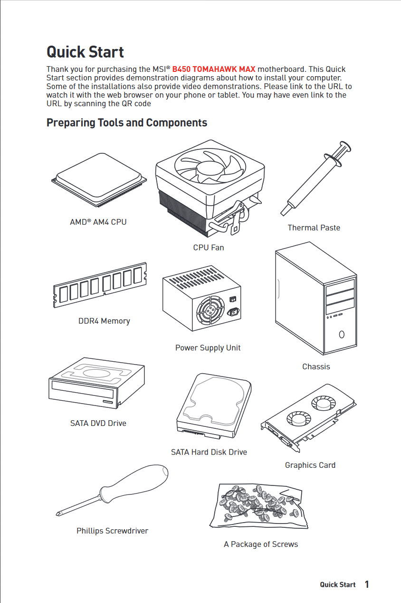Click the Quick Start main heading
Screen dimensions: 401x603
click(x=85, y=52)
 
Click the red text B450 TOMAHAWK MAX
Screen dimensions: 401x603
click(x=214, y=69)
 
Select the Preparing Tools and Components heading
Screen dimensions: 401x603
click(x=127, y=123)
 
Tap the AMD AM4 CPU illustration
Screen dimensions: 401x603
click(x=99, y=180)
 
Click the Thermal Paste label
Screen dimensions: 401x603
click(x=314, y=228)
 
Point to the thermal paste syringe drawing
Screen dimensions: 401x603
click(x=316, y=178)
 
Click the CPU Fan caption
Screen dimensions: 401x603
click(x=209, y=247)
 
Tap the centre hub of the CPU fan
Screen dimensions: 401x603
click(x=210, y=169)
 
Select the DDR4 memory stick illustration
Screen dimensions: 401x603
click(x=100, y=285)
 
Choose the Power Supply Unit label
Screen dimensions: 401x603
click(x=208, y=348)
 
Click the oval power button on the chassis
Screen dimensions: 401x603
click(x=342, y=335)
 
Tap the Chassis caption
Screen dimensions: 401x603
click(x=316, y=366)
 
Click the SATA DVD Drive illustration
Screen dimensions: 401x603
click(x=97, y=383)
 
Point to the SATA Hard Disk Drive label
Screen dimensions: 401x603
click(x=209, y=452)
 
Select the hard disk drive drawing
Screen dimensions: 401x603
click(x=214, y=406)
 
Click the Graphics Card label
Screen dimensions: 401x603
click(x=310, y=465)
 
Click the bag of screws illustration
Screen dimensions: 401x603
click(x=258, y=506)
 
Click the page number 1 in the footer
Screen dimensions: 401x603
click(x=367, y=584)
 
